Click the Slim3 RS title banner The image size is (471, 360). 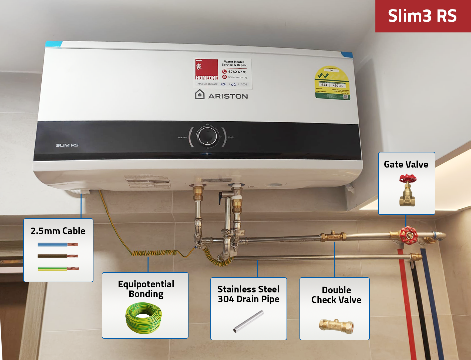(422, 16)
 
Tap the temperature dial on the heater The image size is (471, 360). (207, 136)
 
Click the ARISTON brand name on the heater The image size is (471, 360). (228, 96)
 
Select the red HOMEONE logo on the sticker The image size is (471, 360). (207, 70)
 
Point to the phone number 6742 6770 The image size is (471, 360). (237, 72)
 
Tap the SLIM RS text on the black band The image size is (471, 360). (67, 145)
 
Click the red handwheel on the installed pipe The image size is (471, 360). (408, 235)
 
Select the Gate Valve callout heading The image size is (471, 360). (406, 164)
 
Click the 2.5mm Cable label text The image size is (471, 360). (58, 231)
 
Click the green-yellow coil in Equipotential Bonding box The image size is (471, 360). (144, 318)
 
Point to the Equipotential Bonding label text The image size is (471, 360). (146, 289)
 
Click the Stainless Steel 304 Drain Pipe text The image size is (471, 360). (248, 294)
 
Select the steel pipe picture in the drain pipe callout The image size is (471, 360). (248, 321)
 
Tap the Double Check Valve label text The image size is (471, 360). (336, 295)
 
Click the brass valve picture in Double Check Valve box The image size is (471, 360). (336, 326)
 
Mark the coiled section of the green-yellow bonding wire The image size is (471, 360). (154, 253)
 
